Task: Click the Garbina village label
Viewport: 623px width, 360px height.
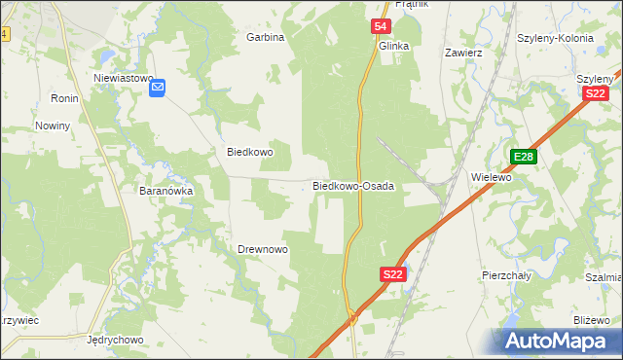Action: tap(265, 37)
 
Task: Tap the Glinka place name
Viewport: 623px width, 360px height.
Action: tap(393, 46)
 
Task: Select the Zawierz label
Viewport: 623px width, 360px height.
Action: tap(463, 53)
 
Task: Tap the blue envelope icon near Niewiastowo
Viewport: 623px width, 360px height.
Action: tap(158, 89)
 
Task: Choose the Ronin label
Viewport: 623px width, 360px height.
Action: tap(64, 99)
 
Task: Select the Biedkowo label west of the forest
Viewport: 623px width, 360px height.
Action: tap(250, 153)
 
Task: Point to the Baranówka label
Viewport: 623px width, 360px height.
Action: tap(166, 192)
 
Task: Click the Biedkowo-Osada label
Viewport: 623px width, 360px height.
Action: tap(352, 185)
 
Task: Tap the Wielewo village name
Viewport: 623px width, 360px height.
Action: tap(491, 178)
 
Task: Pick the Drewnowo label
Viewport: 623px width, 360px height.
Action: tap(263, 250)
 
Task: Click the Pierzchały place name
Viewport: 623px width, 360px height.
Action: tap(506, 275)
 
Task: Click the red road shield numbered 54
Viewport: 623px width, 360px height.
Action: tap(382, 27)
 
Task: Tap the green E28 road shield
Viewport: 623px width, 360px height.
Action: tap(524, 157)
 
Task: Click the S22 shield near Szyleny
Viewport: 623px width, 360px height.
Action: tap(596, 93)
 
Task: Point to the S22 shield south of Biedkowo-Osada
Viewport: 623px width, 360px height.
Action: tap(392, 275)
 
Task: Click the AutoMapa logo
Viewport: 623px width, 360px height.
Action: tap(558, 341)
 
